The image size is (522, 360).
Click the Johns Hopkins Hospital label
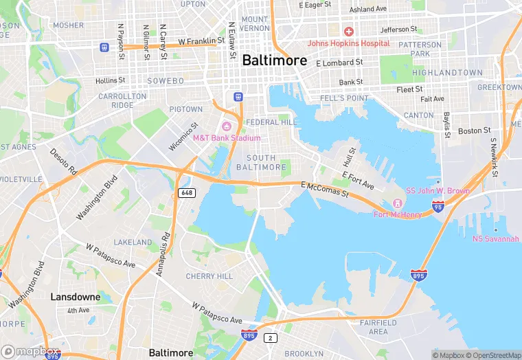pyautogui.click(x=348, y=43)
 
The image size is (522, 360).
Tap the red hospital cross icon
pyautogui.click(x=348, y=32)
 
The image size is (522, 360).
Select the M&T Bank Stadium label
pyautogui.click(x=227, y=137)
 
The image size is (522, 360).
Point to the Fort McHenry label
pyautogui.click(x=397, y=214)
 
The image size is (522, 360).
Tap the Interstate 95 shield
pyautogui.click(x=438, y=206)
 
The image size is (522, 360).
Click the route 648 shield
pyautogui.click(x=186, y=192)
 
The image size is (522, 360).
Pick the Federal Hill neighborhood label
pyautogui.click(x=273, y=122)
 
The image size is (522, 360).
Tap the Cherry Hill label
pyautogui.click(x=209, y=276)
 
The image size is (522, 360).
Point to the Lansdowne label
pyautogui.click(x=76, y=297)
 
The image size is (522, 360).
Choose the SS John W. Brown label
pyautogui.click(x=438, y=190)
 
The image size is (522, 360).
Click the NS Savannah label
pyautogui.click(x=495, y=239)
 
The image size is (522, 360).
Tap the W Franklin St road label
pyautogui.click(x=201, y=41)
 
